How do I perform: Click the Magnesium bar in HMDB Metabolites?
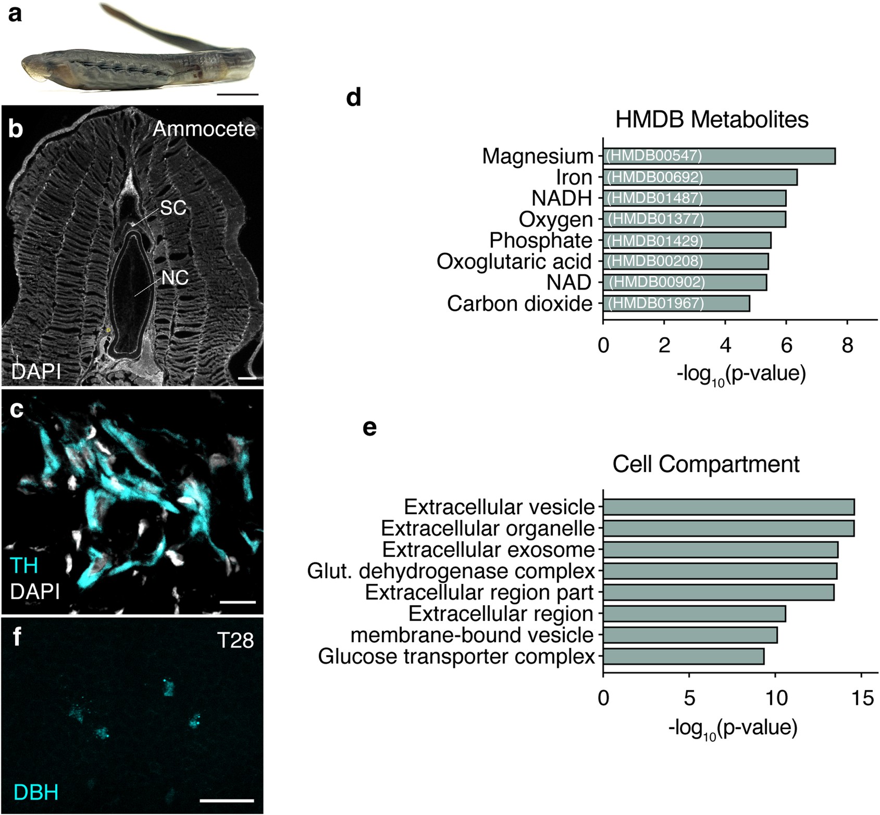point(719,156)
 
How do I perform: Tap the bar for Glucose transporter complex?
point(683,656)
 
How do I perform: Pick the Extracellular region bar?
point(694,614)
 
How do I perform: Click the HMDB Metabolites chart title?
point(712,119)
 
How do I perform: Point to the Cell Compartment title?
point(705,464)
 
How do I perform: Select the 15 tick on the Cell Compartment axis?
point(861,698)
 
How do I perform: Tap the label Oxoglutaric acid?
point(514,261)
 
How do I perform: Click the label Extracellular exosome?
point(488,550)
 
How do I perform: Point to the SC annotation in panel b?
point(173,208)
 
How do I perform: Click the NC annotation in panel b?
point(175,278)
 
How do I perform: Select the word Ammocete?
point(204,129)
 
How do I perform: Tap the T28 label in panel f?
point(236,640)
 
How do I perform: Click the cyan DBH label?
point(35,792)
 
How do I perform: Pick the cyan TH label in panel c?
point(24,565)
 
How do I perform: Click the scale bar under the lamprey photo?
point(237,95)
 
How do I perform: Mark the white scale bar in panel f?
point(227,800)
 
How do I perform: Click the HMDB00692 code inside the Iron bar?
point(655,177)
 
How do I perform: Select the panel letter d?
point(354,97)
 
